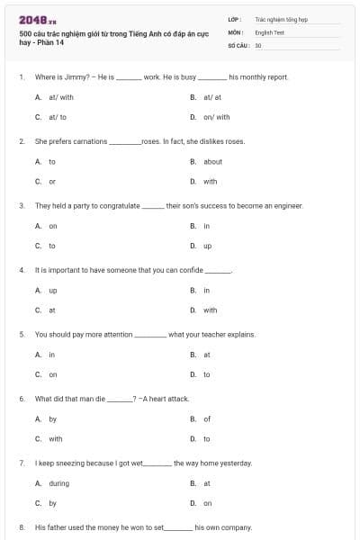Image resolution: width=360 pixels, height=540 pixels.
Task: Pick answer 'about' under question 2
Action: pos(212,162)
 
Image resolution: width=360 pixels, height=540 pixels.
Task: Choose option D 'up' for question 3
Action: pos(207,246)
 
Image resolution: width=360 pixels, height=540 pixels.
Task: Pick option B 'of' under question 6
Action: pos(207,418)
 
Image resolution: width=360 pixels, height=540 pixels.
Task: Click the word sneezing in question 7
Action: pos(76,463)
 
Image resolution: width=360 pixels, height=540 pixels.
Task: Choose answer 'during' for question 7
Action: pos(58,483)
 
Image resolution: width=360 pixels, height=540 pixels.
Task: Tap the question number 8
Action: pos(21,527)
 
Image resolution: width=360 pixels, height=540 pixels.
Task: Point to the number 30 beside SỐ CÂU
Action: pos(258,44)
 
